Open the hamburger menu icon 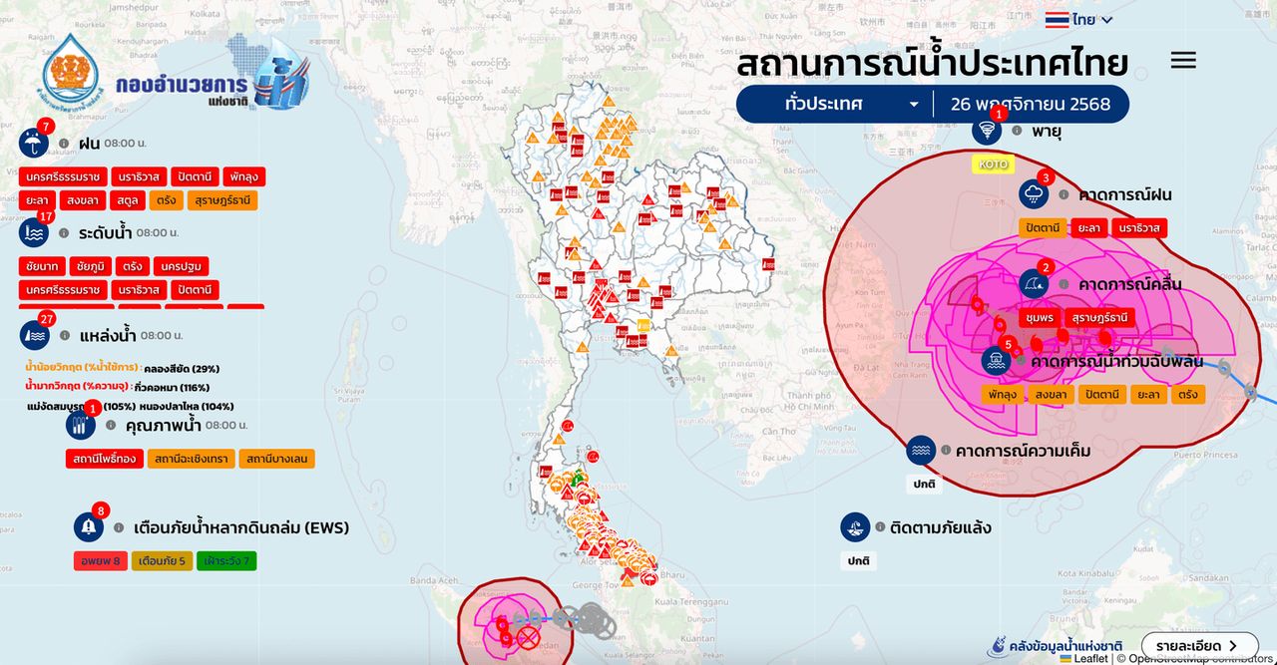coord(1183,60)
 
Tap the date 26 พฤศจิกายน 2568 coord(1030,104)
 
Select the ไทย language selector coord(1078,19)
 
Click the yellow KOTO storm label coord(993,164)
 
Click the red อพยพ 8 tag coord(101,560)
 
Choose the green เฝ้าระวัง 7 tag coord(226,560)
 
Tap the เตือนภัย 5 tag coord(162,560)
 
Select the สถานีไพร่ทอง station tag coord(104,459)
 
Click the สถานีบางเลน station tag coord(277,459)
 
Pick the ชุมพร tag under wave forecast coord(1039,317)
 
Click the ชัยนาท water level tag coord(41,266)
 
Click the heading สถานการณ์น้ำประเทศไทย coord(932,63)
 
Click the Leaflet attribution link coord(1090,658)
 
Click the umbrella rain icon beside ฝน coord(33,144)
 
